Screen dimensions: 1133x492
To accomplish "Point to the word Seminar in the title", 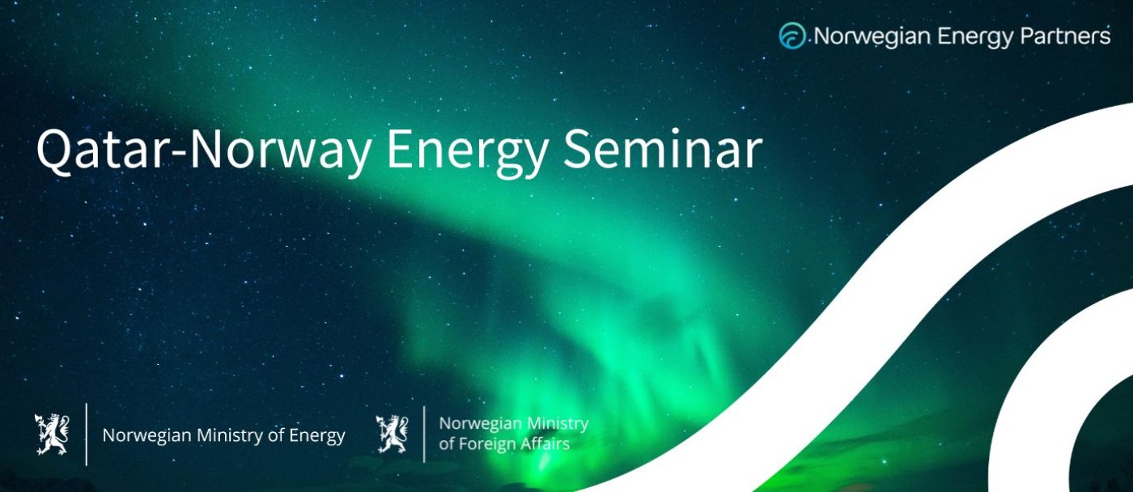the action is pyautogui.click(x=663, y=149).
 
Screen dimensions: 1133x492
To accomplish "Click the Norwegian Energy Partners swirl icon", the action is pyautogui.click(x=792, y=36).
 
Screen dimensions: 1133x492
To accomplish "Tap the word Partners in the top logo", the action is pyautogui.click(x=1065, y=36).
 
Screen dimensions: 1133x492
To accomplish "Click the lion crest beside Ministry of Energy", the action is pyautogui.click(x=52, y=435).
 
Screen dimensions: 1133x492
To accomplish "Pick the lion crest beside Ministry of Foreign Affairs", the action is pyautogui.click(x=392, y=435).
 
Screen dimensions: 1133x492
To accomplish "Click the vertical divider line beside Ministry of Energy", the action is pyautogui.click(x=87, y=435).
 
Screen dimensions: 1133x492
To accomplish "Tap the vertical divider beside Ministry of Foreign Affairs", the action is pyautogui.click(x=424, y=435).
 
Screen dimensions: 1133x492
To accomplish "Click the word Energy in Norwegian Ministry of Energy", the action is pyautogui.click(x=317, y=436).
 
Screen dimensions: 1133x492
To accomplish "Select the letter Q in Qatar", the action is pyautogui.click(x=53, y=151).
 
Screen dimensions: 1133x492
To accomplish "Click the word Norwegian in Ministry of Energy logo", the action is pyautogui.click(x=146, y=436).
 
